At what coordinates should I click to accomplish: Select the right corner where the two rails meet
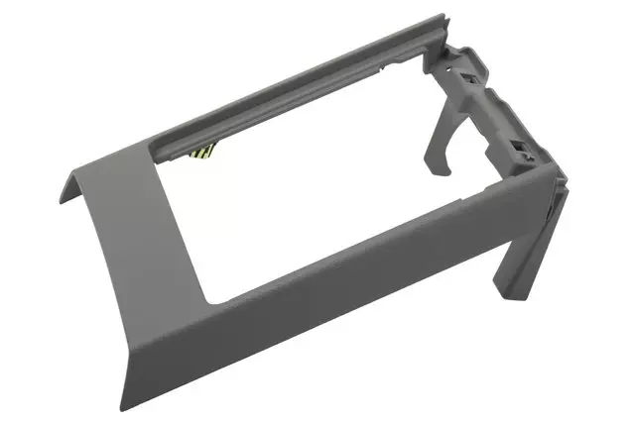(556, 178)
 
